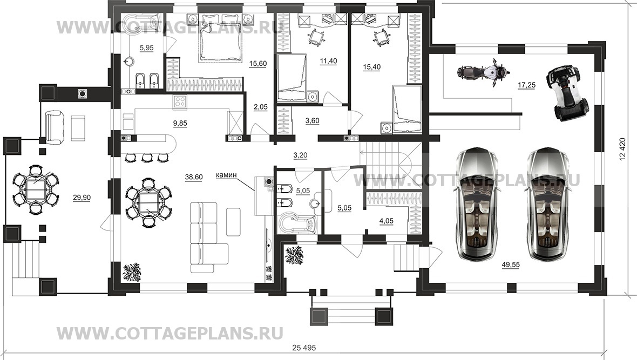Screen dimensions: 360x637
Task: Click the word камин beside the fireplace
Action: (228, 175)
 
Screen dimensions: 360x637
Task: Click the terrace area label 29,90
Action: (81, 198)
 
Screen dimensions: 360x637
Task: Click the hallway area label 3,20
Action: (300, 156)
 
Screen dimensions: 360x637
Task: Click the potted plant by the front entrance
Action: (295, 255)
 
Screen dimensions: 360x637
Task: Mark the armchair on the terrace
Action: (56, 125)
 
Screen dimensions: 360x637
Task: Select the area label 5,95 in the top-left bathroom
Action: (146, 47)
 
